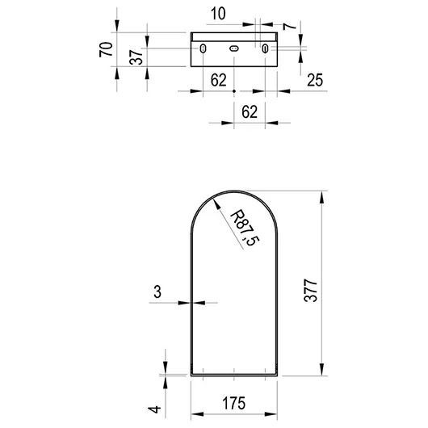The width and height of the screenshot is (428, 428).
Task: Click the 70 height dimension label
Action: pos(106,49)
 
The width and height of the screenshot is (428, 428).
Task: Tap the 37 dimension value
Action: pos(136,57)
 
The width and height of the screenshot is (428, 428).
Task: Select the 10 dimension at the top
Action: pos(218,14)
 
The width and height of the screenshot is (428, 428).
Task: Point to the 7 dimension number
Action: pos(289,26)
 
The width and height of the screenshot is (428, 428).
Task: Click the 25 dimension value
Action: pos(315,80)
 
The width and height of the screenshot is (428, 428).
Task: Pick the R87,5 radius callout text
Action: pos(245,228)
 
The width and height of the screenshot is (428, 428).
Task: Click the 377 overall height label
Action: pos(310,290)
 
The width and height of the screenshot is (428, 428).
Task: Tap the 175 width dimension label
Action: pos(234,403)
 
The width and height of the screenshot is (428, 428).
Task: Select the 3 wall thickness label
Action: pos(157,292)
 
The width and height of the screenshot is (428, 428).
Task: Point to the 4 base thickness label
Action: pos(154,409)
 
